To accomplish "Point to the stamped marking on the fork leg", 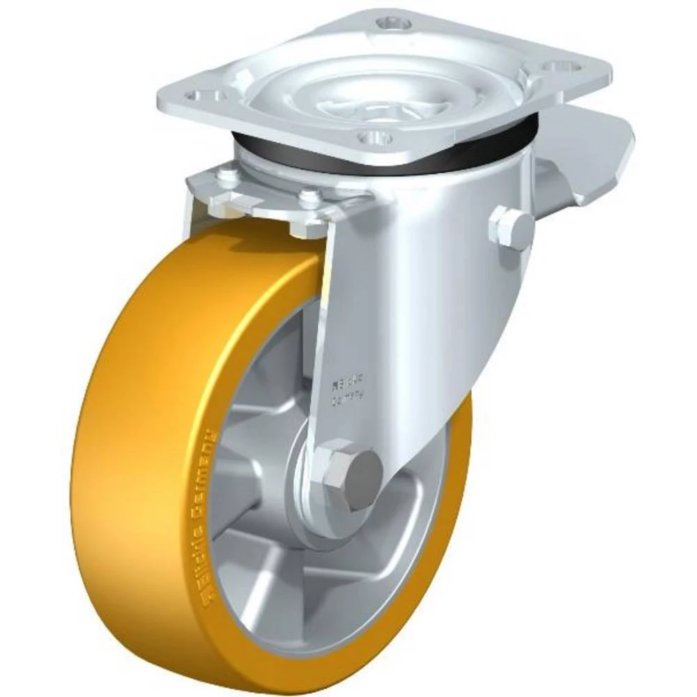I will click(348, 390).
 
